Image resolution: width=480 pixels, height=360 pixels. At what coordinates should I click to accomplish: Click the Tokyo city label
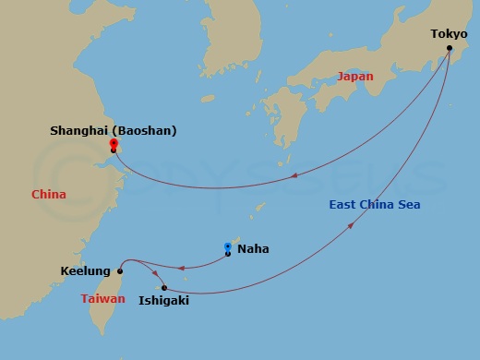(x=449, y=34)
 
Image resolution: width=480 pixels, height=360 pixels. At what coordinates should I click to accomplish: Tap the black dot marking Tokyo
(x=450, y=48)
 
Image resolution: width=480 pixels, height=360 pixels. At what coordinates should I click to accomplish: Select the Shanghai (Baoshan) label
(x=114, y=131)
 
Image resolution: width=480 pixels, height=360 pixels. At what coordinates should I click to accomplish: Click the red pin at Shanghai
(x=113, y=144)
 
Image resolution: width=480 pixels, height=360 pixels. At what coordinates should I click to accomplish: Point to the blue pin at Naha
(x=228, y=247)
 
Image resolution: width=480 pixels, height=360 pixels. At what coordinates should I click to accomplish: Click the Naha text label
(x=253, y=248)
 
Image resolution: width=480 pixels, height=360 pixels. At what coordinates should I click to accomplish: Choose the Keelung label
(x=85, y=271)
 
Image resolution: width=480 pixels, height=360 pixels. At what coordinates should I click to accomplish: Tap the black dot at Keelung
(x=120, y=271)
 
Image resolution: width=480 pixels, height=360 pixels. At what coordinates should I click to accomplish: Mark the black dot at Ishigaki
(x=164, y=288)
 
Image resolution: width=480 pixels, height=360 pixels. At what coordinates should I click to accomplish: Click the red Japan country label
(x=355, y=77)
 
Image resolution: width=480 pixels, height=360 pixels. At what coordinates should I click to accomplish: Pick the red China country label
(x=48, y=195)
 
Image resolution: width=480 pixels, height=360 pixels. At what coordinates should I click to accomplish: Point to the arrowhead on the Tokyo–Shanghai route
(x=294, y=175)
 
